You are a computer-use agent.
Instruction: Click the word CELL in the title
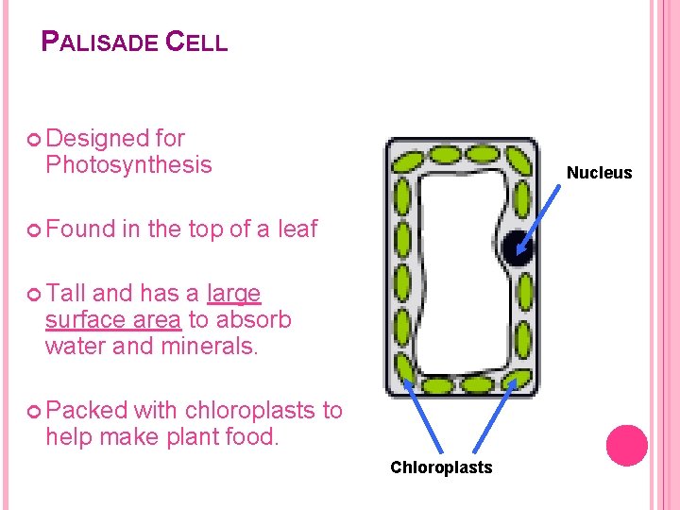pyautogui.click(x=196, y=42)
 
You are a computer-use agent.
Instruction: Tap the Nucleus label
pyautogui.click(x=599, y=173)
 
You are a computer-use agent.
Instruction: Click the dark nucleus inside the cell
pyautogui.click(x=517, y=247)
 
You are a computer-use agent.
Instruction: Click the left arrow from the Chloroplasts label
pyautogui.click(x=422, y=416)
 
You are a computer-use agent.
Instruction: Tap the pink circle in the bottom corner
pyautogui.click(x=626, y=446)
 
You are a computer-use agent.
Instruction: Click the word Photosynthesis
pyautogui.click(x=128, y=165)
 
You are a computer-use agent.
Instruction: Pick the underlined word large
pyautogui.click(x=233, y=294)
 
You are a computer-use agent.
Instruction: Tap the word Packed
pyautogui.click(x=86, y=411)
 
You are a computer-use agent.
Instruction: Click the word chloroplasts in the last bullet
pyautogui.click(x=253, y=411)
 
